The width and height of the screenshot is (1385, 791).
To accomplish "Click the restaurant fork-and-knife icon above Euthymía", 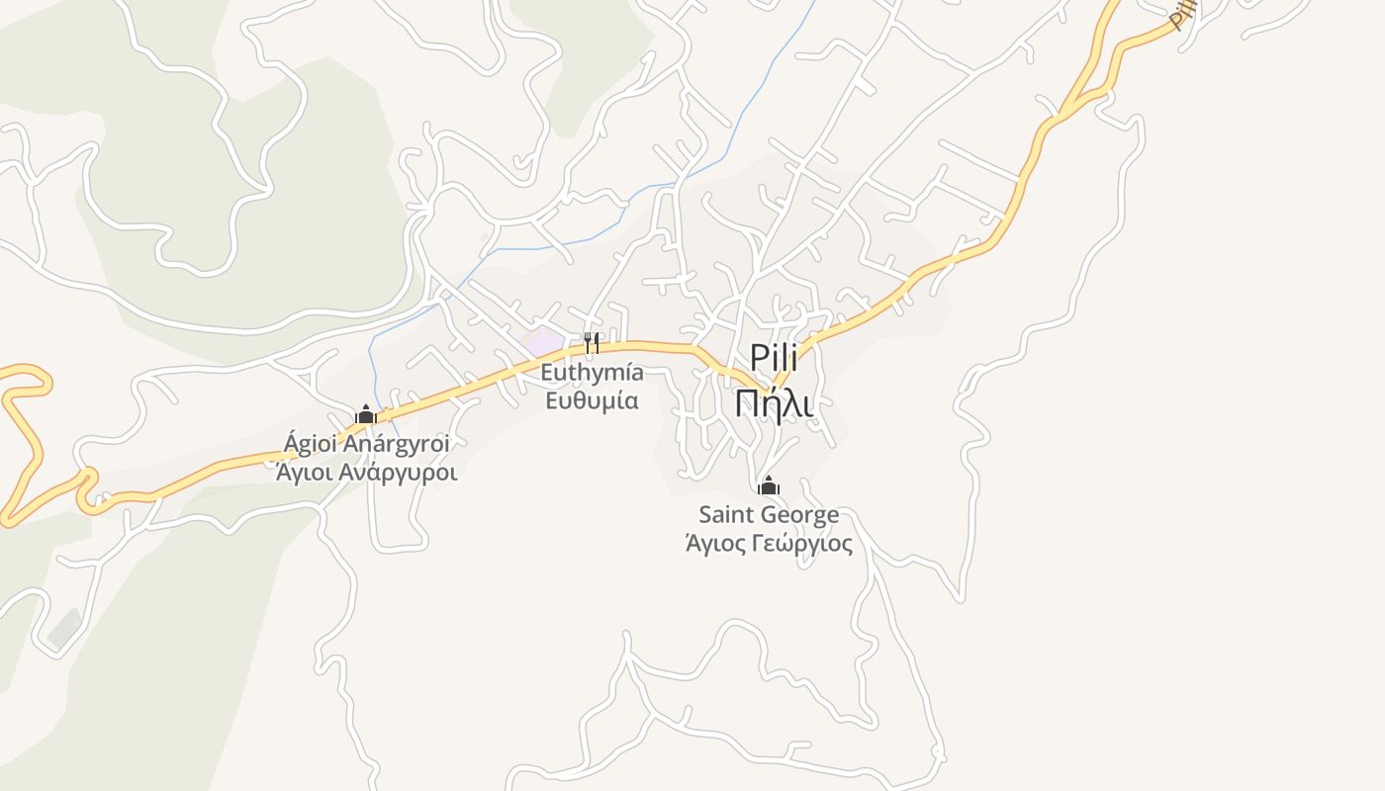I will click(x=592, y=343).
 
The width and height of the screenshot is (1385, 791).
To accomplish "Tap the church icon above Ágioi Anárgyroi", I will click(x=366, y=414).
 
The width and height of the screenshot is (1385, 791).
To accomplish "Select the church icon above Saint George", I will click(x=769, y=485).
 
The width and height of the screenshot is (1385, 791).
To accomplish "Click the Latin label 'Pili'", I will click(x=774, y=358).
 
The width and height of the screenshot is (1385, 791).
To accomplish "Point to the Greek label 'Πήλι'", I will click(x=774, y=401).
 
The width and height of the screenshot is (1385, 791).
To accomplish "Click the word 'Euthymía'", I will click(x=592, y=374).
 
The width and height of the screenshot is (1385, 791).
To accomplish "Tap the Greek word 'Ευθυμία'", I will click(x=592, y=400).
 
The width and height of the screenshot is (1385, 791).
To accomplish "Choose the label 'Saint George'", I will click(x=769, y=515).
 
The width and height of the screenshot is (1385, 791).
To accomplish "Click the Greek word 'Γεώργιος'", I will click(x=802, y=544).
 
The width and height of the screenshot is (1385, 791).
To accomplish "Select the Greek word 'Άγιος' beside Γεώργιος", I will click(x=715, y=544).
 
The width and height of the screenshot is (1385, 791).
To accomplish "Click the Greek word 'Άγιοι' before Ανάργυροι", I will click(x=305, y=472).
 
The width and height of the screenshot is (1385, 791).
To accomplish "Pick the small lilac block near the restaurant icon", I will click(x=542, y=344).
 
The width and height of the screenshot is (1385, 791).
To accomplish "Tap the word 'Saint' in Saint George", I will click(x=728, y=515).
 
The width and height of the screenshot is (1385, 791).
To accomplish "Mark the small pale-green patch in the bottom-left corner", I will click(x=63, y=629).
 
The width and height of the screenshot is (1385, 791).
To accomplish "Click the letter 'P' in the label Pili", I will click(x=758, y=358).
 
